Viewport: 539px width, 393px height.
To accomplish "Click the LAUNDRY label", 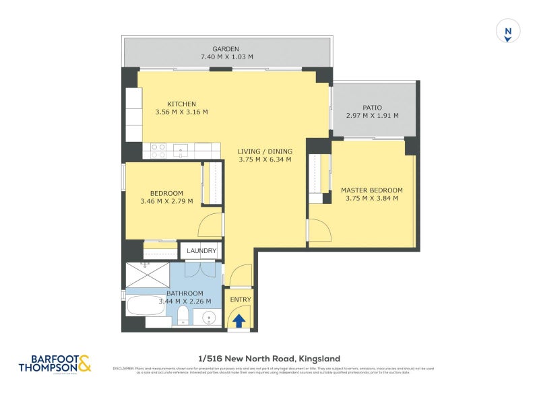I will [202, 251].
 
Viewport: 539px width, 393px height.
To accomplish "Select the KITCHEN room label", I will [181, 104].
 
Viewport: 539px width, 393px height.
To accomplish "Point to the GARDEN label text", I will [226, 49].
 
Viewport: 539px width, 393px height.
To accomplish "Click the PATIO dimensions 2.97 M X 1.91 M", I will [372, 116].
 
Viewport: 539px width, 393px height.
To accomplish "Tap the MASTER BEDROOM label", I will [371, 190].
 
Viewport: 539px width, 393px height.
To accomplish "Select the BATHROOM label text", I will [185, 293].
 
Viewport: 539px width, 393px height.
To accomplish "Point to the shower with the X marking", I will [147, 274].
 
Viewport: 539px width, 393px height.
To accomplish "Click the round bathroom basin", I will [210, 318].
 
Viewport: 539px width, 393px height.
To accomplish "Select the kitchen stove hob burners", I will [158, 151].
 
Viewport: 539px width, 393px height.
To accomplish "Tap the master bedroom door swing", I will [319, 232].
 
